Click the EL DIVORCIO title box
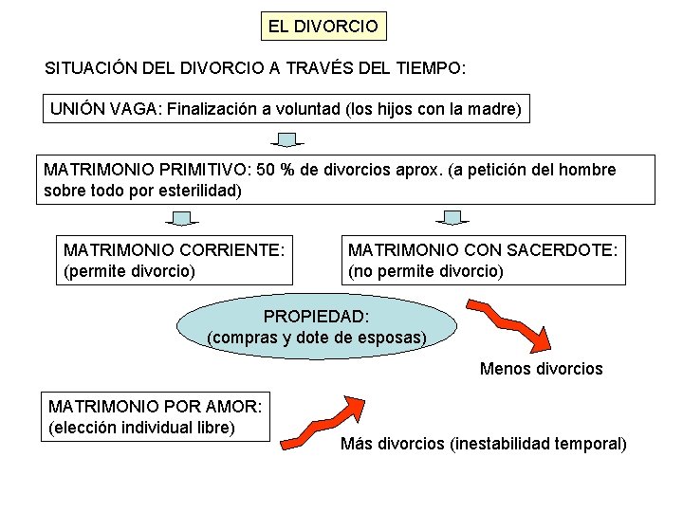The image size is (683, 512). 323,26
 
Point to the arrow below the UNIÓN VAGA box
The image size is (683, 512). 286,140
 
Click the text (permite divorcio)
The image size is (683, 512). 129,271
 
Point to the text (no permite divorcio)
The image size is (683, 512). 426,271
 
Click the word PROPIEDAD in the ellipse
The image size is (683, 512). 316,317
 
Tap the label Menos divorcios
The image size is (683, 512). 542,369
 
